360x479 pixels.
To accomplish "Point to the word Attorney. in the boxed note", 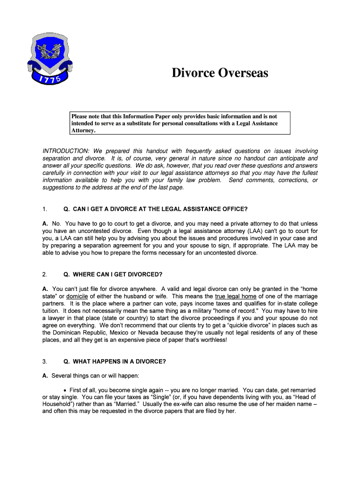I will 83,131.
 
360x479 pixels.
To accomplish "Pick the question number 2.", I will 44,274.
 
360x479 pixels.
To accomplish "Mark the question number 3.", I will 44,362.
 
